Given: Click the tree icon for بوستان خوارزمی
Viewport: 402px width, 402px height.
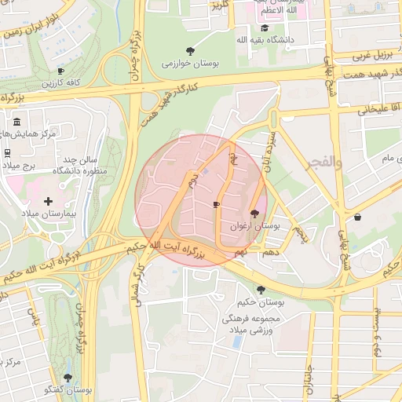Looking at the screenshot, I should [x=190, y=50].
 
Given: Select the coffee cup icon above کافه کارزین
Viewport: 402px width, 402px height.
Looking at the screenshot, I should [x=61, y=71].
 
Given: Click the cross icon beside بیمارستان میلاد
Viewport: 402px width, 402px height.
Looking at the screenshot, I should [x=49, y=202].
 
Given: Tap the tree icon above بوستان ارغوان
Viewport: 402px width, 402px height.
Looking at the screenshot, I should [x=254, y=213].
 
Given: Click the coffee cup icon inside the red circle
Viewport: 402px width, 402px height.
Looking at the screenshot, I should [x=216, y=204].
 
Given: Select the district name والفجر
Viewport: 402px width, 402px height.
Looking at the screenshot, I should [x=327, y=163].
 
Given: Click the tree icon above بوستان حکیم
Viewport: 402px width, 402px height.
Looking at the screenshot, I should [x=261, y=290].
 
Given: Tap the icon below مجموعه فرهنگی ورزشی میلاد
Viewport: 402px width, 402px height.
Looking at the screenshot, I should [x=236, y=343].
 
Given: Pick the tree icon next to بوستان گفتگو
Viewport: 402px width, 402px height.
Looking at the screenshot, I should [x=67, y=378].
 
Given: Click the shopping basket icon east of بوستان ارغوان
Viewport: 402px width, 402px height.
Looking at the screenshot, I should [x=358, y=217].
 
